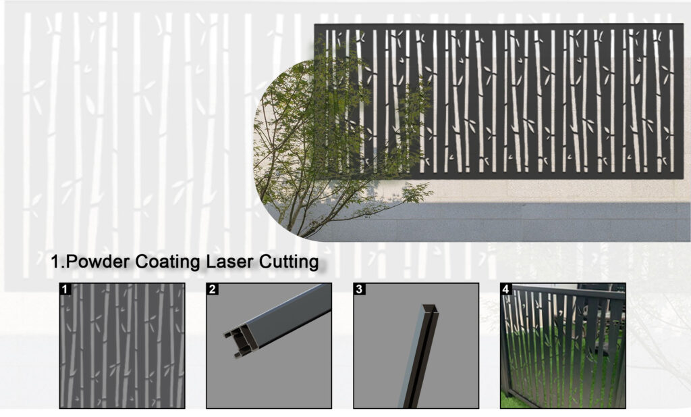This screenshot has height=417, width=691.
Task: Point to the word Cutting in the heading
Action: (x=289, y=262)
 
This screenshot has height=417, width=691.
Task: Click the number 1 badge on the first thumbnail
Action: (x=65, y=289)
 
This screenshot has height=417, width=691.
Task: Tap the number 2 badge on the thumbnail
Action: (x=213, y=289)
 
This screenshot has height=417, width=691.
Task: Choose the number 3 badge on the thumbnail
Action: (x=359, y=289)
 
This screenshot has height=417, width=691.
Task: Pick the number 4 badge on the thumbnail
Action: (x=506, y=289)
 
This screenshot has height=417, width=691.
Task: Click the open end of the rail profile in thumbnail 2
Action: (x=240, y=341)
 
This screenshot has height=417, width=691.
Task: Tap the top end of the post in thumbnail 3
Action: (x=431, y=309)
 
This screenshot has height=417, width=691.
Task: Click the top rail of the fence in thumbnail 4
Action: (x=568, y=293)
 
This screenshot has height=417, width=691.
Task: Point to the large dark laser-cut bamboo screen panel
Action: (x=498, y=101)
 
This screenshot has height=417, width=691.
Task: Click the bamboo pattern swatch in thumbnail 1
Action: (x=122, y=345)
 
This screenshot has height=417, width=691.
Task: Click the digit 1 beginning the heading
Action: (x=55, y=262)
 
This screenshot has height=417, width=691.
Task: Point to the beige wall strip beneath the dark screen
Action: (x=551, y=191)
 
